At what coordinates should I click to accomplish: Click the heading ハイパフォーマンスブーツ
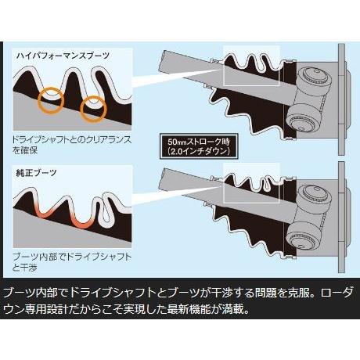click(63, 56)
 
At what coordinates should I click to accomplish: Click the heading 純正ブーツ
click(38, 170)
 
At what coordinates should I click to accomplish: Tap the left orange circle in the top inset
click(52, 97)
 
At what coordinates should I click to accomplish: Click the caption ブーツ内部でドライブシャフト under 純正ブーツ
click(71, 255)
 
